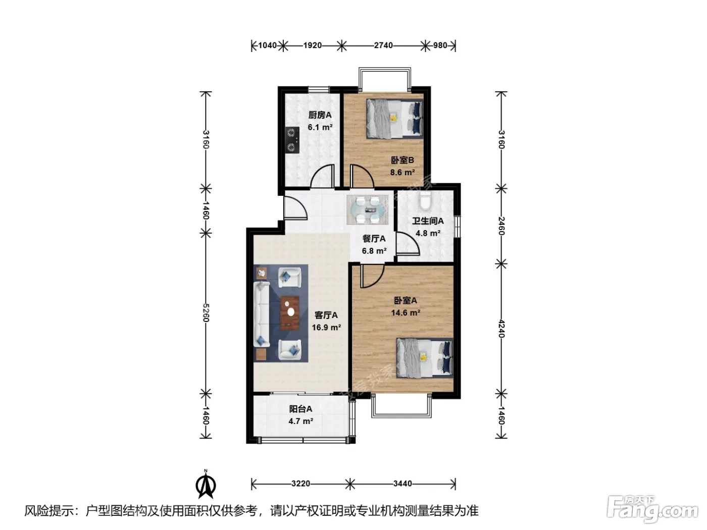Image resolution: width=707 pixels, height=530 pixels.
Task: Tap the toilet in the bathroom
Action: [x=425, y=200]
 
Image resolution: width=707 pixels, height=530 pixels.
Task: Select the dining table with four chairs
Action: [x=368, y=210]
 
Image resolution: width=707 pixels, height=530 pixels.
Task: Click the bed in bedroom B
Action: [x=394, y=119]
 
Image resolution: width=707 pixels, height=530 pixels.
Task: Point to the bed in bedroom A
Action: [x=425, y=357]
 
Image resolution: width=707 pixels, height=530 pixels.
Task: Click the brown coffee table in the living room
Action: [x=290, y=313]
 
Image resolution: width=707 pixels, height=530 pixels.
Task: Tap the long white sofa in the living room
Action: [x=262, y=314]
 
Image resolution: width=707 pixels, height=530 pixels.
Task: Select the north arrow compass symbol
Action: [x=206, y=484]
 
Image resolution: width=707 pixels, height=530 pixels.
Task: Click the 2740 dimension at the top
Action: [x=383, y=45]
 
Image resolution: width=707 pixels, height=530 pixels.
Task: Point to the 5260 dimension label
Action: [x=206, y=313]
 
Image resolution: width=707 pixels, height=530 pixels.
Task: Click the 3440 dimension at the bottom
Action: [x=402, y=484]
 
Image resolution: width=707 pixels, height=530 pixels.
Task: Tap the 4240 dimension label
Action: [x=501, y=329]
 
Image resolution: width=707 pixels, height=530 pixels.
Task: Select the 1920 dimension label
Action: [x=313, y=45]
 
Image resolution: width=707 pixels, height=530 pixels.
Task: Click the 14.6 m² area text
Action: [x=406, y=312]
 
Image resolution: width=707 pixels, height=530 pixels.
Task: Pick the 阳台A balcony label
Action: [x=300, y=409]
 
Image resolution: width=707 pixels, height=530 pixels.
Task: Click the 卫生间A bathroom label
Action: [x=428, y=221]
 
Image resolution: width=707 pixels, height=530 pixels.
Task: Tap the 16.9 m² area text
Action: [x=326, y=327]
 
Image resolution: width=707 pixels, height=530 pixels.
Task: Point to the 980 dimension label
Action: [x=440, y=45]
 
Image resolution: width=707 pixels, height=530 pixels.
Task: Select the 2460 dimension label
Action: [x=501, y=226]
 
